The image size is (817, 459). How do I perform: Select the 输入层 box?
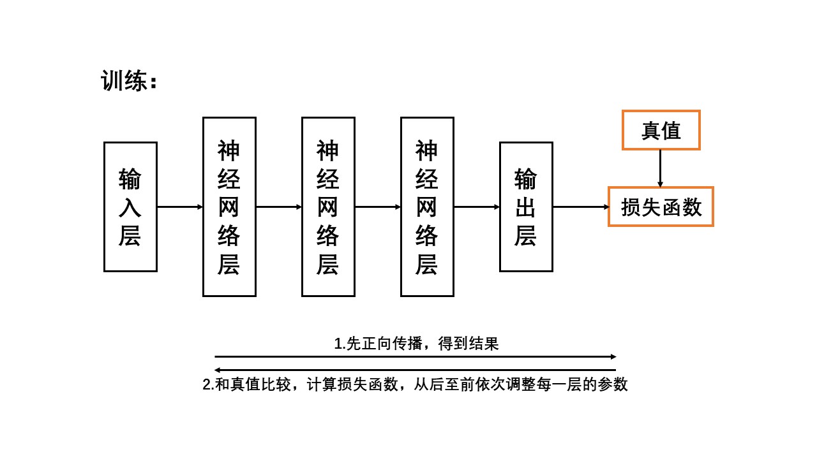(x=130, y=207)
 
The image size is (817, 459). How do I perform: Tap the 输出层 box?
(x=526, y=207)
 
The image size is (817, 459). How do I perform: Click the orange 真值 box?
(x=661, y=130)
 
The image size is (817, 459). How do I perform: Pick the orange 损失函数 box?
(x=661, y=207)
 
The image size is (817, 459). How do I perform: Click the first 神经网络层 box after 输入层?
(x=229, y=207)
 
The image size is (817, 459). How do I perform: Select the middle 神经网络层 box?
(x=328, y=207)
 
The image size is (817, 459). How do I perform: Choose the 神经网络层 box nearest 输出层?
(x=427, y=207)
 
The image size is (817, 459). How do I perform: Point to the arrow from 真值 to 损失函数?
(x=660, y=168)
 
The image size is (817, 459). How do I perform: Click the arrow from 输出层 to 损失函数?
(x=581, y=207)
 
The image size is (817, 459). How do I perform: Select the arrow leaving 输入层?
(x=179, y=207)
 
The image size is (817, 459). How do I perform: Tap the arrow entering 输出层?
(x=476, y=207)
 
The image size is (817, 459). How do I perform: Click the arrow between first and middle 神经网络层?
(x=278, y=207)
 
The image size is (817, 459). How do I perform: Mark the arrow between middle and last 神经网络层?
(x=377, y=207)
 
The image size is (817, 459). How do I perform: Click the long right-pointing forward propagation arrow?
(x=415, y=356)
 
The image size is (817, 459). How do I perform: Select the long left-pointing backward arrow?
(x=415, y=370)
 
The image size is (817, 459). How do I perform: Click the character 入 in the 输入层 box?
(x=130, y=207)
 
